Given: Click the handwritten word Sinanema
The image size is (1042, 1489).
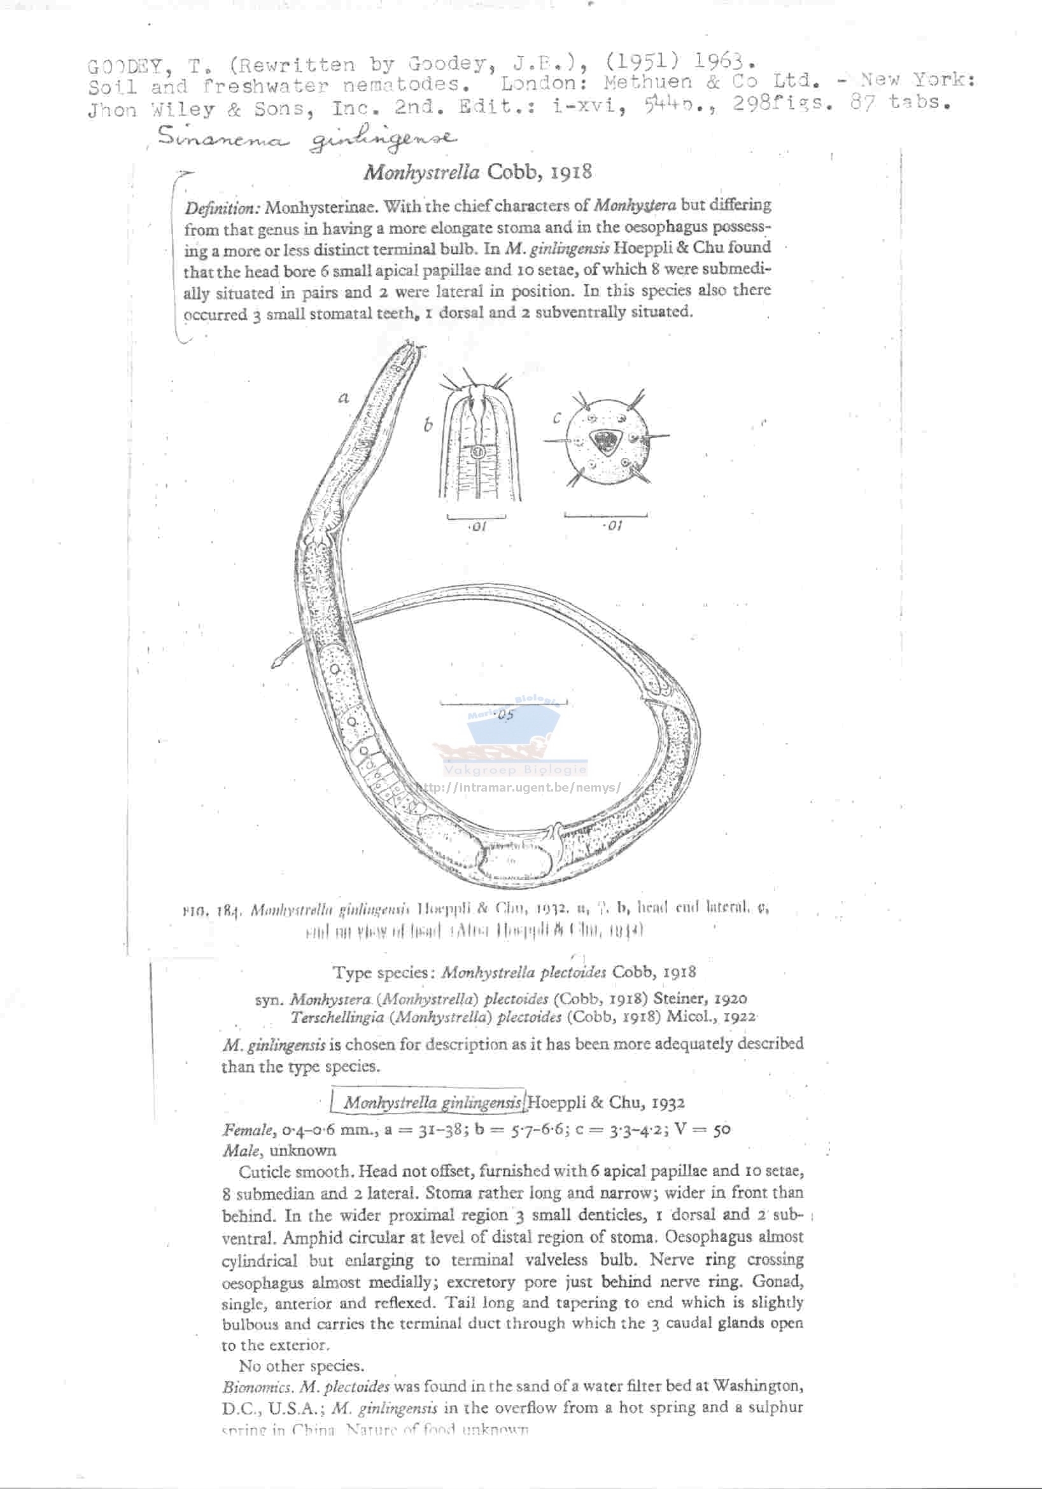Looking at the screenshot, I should point(221,138).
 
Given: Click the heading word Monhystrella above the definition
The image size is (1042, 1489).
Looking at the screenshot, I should point(421,172).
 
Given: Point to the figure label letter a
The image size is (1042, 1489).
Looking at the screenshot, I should point(344,398).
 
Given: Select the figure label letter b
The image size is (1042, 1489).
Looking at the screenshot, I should point(428,425).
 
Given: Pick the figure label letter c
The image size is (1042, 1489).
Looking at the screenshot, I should point(557,418).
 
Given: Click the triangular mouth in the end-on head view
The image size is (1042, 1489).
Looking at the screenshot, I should point(606,441).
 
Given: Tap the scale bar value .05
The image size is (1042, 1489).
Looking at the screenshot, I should point(504,715).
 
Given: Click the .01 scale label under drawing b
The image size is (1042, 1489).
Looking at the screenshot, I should point(477,527).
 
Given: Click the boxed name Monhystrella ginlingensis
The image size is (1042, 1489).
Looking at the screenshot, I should point(432,1103).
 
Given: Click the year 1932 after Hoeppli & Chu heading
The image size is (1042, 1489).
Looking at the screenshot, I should point(668,1103).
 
